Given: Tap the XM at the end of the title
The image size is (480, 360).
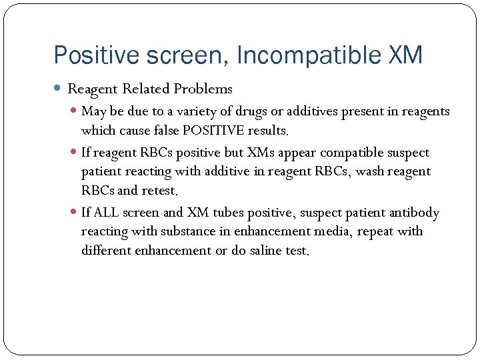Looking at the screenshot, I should click(405, 55).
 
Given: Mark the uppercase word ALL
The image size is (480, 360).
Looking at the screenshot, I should click(107, 213).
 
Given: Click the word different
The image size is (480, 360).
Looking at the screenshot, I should click(107, 251).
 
